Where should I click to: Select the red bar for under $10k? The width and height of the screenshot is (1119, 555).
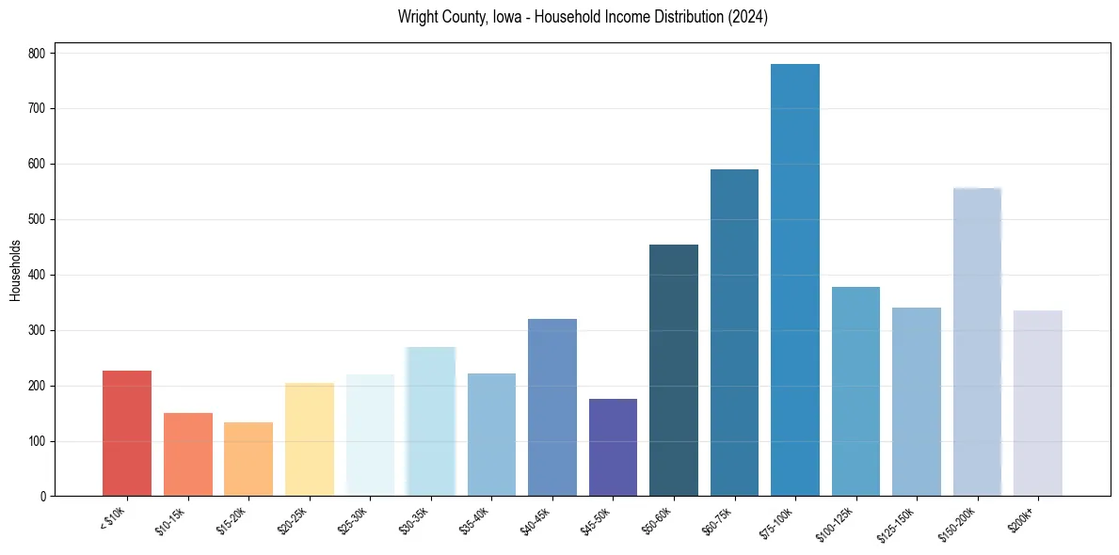click(x=127, y=434)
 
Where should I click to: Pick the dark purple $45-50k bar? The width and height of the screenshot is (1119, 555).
click(x=613, y=448)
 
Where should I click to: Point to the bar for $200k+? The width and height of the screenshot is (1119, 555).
click(x=1038, y=404)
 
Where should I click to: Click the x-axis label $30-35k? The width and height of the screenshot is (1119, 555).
click(x=415, y=521)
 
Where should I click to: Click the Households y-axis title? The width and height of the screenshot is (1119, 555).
click(x=16, y=270)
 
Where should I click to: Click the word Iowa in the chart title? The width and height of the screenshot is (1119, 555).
click(x=510, y=17)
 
